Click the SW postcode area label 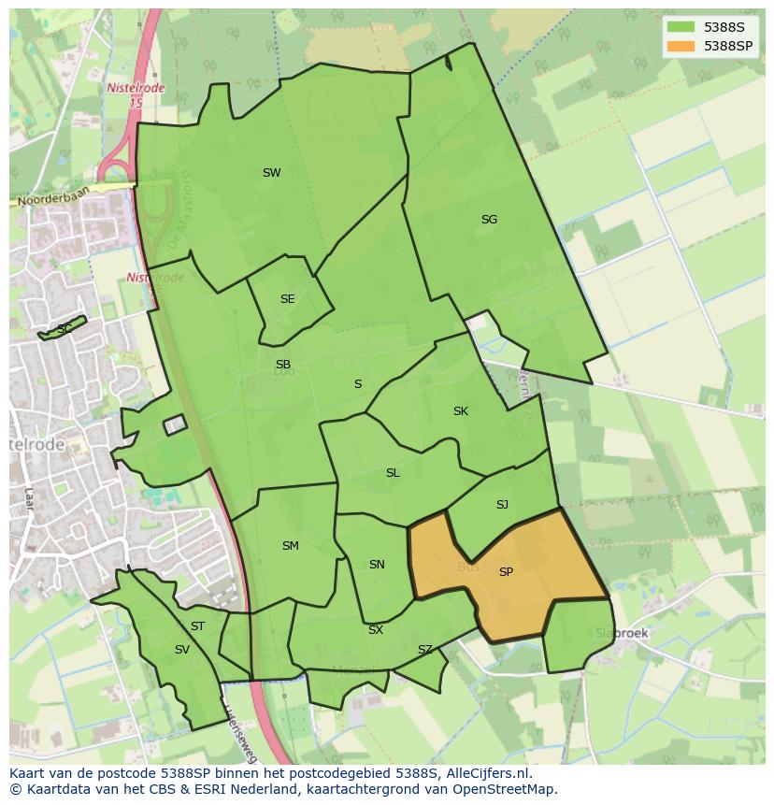click(x=271, y=173)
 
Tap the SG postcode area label click(x=489, y=220)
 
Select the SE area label click(x=287, y=299)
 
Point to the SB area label click(x=282, y=365)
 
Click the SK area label click(x=460, y=411)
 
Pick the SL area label click(x=393, y=473)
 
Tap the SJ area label click(x=502, y=505)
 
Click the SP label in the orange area click(x=506, y=572)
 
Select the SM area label click(x=290, y=546)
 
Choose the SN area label click(x=377, y=565)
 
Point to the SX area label click(x=375, y=630)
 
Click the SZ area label click(x=425, y=650)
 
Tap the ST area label click(x=197, y=626)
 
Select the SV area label click(x=181, y=650)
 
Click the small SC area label click(x=64, y=329)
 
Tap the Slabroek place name click(x=622, y=633)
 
